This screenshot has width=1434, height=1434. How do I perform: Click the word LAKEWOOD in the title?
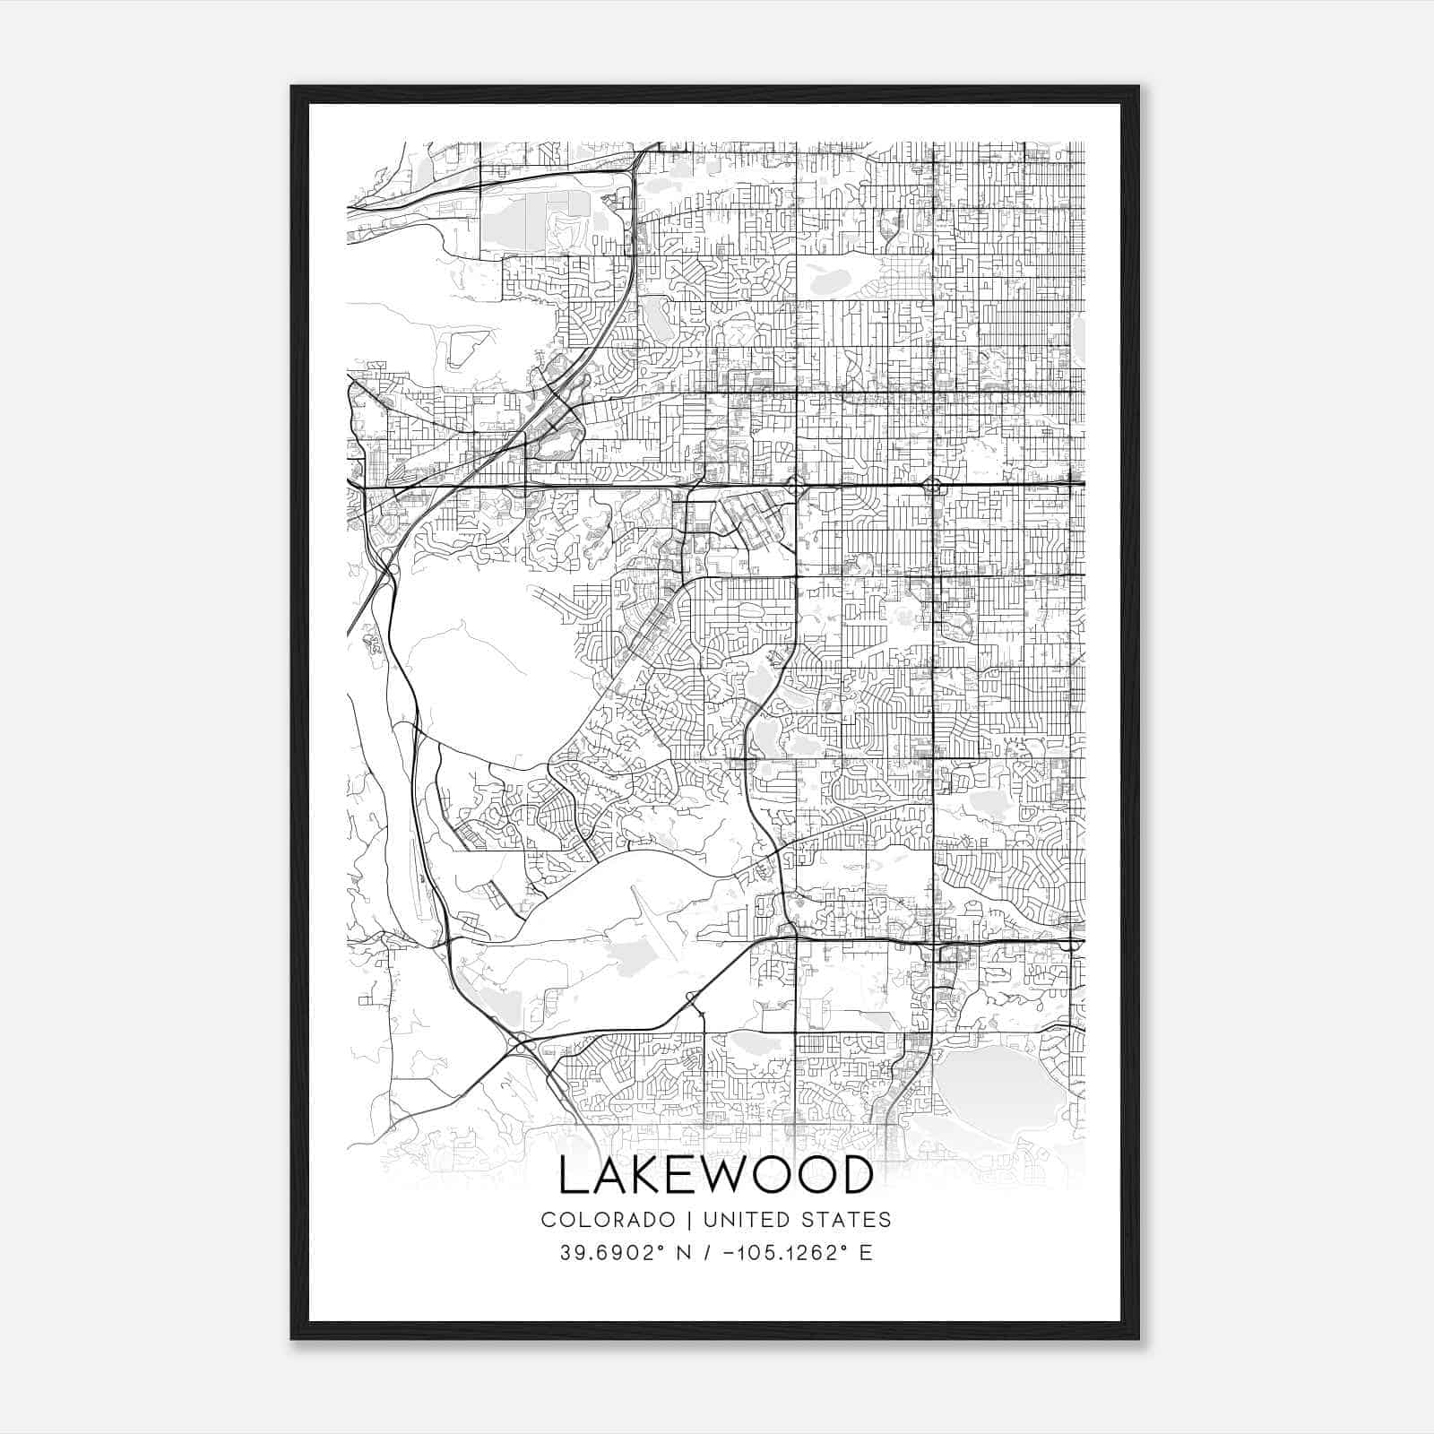click(x=715, y=1175)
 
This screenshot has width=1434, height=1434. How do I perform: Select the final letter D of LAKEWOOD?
click(x=857, y=1175)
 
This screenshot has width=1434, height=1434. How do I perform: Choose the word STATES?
click(x=846, y=1220)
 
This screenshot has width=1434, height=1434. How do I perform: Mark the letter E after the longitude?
click(x=865, y=1253)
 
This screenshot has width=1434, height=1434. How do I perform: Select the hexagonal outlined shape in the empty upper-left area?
click(x=466, y=346)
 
